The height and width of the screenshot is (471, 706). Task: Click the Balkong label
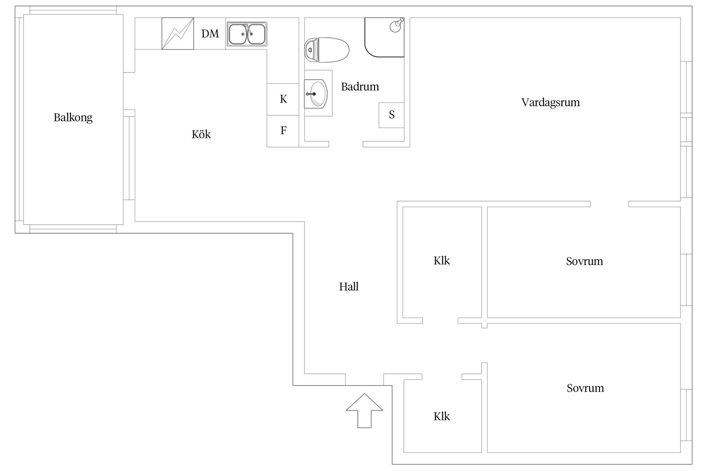pos(73,118)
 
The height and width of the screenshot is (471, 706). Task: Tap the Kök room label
pos(201,134)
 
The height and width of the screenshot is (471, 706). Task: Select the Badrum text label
pos(360,87)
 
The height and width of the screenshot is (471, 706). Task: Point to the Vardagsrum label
pos(550,102)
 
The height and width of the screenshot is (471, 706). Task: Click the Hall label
pos(349,286)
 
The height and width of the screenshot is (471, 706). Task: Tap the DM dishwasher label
pos(210,34)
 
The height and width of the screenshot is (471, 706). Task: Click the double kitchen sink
pos(247,34)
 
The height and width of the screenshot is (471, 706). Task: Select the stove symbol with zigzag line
pos(178,33)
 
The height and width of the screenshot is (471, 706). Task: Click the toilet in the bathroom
pos(327,50)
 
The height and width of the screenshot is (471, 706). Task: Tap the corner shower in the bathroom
pos(384,37)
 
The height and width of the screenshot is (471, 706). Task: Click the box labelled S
pos(392,115)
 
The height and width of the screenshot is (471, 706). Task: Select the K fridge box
pos(283,99)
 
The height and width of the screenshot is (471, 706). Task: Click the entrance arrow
pos(364,411)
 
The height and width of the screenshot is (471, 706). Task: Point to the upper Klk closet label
pos(442,261)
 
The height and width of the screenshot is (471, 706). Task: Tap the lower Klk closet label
pos(442,416)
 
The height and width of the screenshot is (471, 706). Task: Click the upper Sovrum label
pos(585,261)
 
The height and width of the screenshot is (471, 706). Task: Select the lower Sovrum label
pos(585,388)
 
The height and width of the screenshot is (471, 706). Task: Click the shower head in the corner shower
pos(396,25)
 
